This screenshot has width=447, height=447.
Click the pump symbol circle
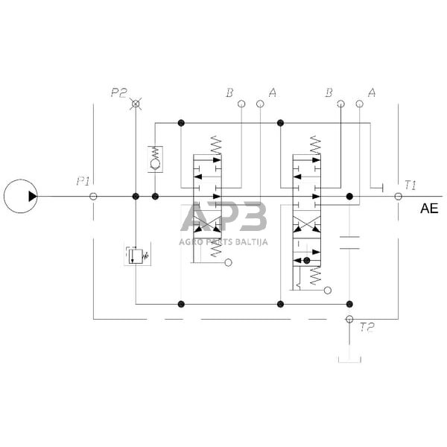20,197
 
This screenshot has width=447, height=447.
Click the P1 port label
83,181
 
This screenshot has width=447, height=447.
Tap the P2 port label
119,92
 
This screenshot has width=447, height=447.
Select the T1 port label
410,185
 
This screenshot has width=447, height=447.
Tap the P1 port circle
93,197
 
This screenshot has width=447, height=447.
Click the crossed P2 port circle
136,104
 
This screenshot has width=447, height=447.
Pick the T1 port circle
399,197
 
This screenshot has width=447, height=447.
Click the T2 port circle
349,320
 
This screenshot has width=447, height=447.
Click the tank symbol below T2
349,361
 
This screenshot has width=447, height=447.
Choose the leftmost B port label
230,93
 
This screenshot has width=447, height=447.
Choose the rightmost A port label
371,93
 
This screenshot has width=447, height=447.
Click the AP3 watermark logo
223,218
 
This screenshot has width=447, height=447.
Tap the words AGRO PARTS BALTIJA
223,241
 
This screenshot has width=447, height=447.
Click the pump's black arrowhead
32,197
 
